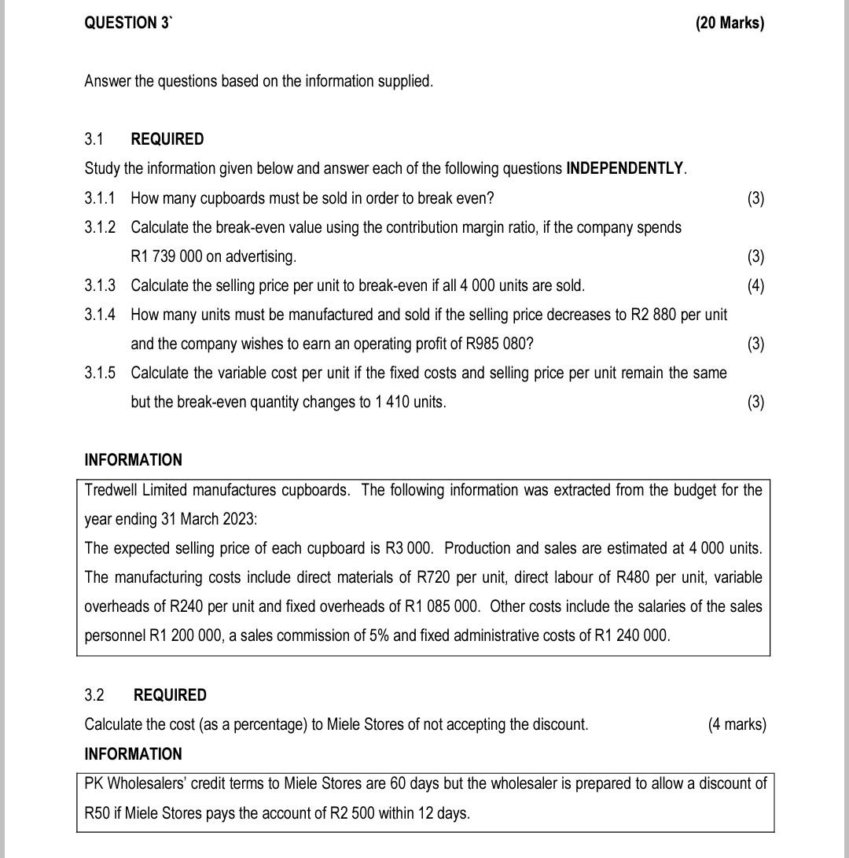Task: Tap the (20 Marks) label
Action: pyautogui.click(x=729, y=23)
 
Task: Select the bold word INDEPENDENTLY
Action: pyautogui.click(x=626, y=168)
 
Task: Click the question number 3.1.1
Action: pyautogui.click(x=100, y=197)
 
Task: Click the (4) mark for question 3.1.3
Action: pyautogui.click(x=755, y=285)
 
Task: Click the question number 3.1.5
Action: pyautogui.click(x=100, y=373)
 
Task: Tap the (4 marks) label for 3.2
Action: pyautogui.click(x=736, y=724)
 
